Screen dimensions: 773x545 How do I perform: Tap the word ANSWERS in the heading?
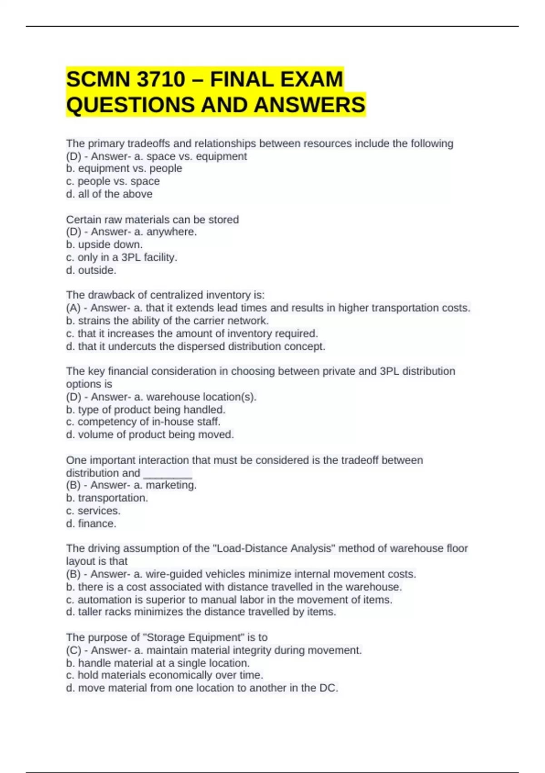(x=310, y=105)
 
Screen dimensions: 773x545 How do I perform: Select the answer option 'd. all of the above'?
(x=109, y=194)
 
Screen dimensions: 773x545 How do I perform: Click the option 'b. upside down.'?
(x=104, y=245)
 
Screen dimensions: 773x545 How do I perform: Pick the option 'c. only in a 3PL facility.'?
(x=121, y=257)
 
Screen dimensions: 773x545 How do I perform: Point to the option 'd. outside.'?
(x=91, y=270)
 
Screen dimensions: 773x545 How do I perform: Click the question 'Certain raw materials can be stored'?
(x=152, y=220)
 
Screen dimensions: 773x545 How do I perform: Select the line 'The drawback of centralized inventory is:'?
(x=165, y=295)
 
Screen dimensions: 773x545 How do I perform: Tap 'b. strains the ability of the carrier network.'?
(x=167, y=321)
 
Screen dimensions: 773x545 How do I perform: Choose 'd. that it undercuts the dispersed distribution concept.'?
(x=195, y=346)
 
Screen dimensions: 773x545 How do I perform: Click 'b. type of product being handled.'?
(x=145, y=410)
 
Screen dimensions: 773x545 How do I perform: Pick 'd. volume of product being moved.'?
(x=150, y=435)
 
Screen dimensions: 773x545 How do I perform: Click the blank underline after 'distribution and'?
(x=168, y=473)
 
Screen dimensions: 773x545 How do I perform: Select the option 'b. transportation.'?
(x=107, y=498)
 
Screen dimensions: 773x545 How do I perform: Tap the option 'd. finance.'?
(x=91, y=524)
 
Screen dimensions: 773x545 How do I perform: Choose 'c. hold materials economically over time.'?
(x=164, y=675)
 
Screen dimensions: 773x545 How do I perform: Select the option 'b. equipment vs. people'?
(x=124, y=169)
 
